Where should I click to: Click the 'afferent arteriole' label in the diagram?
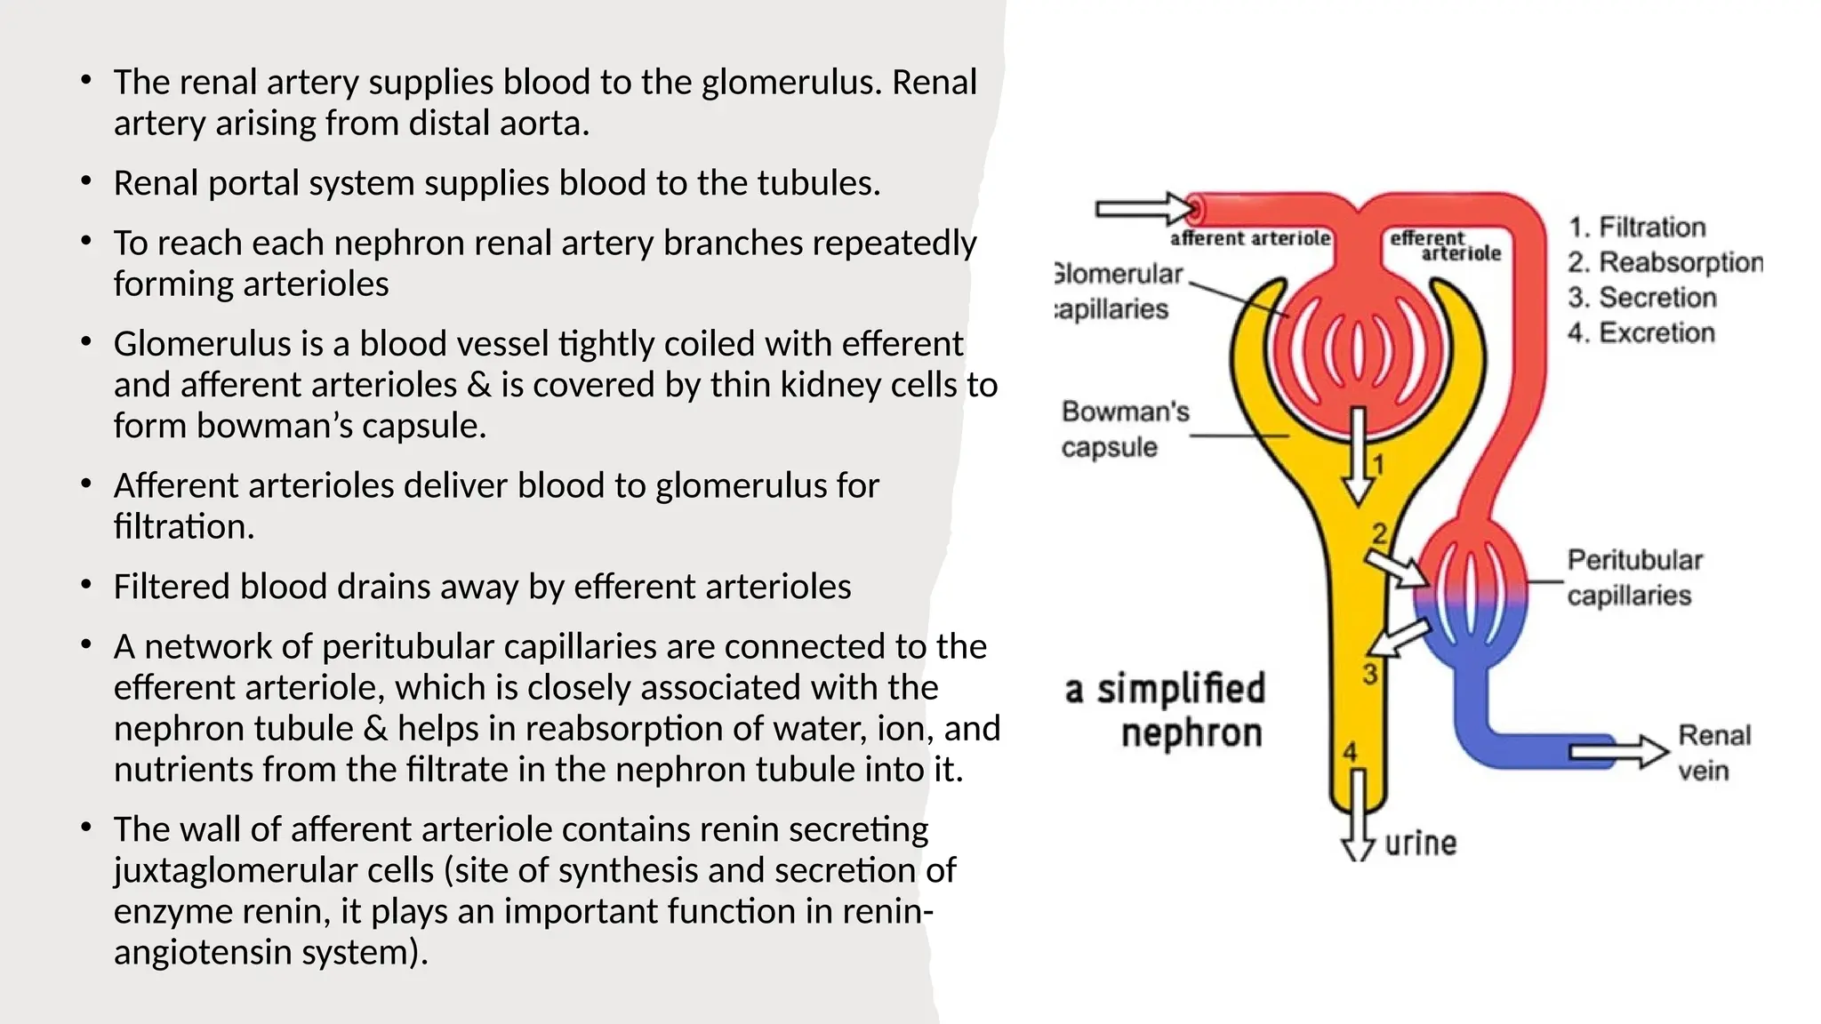1250,238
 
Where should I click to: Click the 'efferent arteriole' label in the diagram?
1444,245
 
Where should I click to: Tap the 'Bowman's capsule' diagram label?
1124,428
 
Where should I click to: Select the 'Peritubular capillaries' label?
1633,577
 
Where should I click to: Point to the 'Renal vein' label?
1713,752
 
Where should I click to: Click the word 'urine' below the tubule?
1420,843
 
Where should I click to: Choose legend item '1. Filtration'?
1636,227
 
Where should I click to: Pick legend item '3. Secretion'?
1641,297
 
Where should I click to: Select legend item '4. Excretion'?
1641,332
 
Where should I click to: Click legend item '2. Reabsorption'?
1664,262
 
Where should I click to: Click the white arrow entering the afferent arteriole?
1146,210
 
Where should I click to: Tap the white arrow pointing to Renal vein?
1618,752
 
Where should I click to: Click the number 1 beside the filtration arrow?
1377,464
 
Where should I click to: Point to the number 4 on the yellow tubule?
1350,752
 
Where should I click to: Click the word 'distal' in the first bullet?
447,123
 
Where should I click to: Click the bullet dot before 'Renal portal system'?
85,182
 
